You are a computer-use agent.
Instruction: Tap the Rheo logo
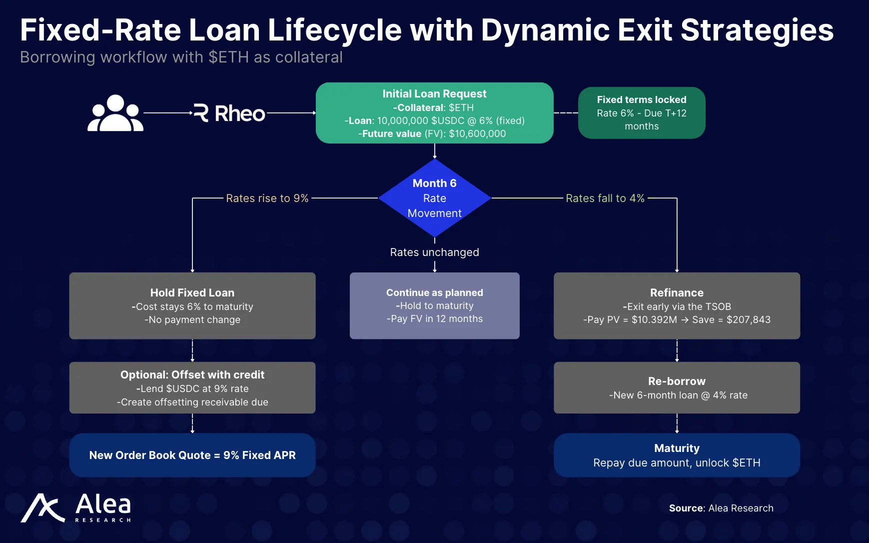pyautogui.click(x=229, y=113)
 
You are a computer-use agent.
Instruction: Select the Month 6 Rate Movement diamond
pyautogui.click(x=435, y=198)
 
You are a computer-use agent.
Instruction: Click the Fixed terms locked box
pyautogui.click(x=642, y=113)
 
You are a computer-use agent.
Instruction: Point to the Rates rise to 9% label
pyautogui.click(x=267, y=198)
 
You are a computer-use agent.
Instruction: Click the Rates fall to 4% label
pyautogui.click(x=605, y=198)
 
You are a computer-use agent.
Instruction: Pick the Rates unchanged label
pyautogui.click(x=434, y=252)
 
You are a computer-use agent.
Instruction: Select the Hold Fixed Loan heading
pyautogui.click(x=192, y=293)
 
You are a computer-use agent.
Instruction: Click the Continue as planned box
pyautogui.click(x=435, y=305)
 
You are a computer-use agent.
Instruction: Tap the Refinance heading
pyautogui.click(x=677, y=293)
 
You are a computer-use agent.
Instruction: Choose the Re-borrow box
pyautogui.click(x=677, y=388)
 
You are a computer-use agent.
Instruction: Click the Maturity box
pyautogui.click(x=677, y=455)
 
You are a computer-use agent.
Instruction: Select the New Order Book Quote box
pyautogui.click(x=192, y=455)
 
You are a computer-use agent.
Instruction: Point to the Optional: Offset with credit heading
pyautogui.click(x=192, y=375)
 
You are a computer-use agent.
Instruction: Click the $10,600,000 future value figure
pyautogui.click(x=477, y=134)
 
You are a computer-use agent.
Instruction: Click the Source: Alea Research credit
pyautogui.click(x=721, y=508)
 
